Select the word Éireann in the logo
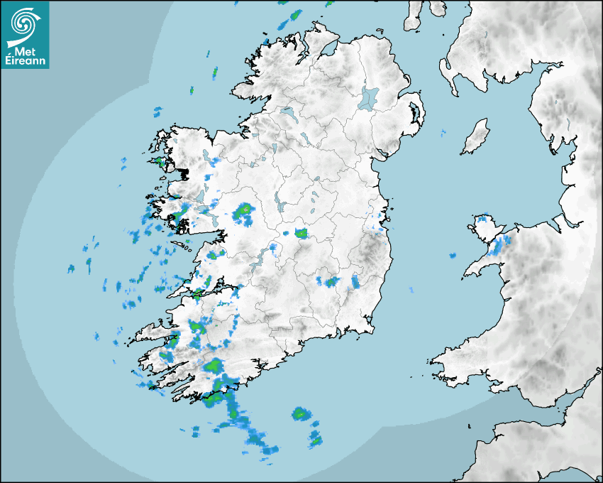(25, 62)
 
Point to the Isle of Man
(476, 136)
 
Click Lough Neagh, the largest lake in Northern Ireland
(369, 97)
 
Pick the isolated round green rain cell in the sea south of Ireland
(301, 413)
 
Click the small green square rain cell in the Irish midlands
(301, 233)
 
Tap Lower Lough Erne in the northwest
(287, 112)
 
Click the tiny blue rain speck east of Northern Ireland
(443, 134)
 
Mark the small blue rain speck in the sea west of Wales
(451, 255)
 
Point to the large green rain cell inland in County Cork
(214, 366)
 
